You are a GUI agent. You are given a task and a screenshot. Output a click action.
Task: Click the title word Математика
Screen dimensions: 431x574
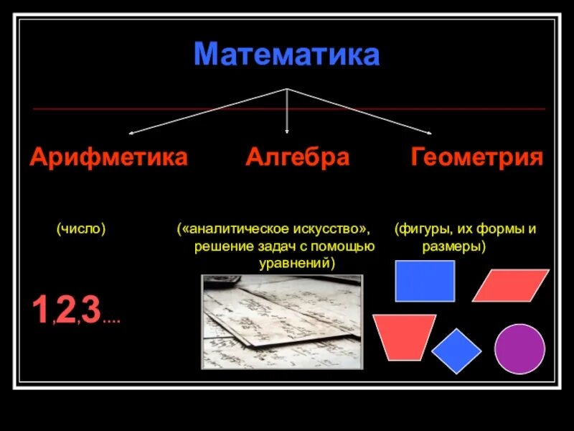(286, 55)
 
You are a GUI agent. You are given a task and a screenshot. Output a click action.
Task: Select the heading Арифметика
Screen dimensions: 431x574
(108, 157)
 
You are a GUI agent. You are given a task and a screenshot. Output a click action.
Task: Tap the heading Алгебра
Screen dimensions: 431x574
(297, 157)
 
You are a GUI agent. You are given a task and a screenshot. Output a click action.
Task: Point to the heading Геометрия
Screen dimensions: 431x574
(476, 157)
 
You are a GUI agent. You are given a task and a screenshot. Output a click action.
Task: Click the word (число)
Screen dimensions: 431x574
(81, 228)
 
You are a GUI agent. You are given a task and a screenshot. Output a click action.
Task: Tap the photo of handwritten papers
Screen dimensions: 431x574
(282, 322)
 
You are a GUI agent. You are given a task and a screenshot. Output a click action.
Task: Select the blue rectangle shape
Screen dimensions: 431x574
(425, 281)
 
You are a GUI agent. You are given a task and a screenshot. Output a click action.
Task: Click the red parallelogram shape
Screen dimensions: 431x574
(510, 285)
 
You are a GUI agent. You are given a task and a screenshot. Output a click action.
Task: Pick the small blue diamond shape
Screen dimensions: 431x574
(456, 351)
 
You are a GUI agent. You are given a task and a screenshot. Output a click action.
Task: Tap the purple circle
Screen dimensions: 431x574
(519, 348)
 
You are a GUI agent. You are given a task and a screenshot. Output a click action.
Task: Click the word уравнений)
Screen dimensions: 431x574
(297, 264)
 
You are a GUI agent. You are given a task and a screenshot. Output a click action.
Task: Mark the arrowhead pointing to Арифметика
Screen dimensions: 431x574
(132, 132)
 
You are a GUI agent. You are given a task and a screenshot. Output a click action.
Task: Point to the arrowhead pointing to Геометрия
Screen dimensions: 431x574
(428, 132)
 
